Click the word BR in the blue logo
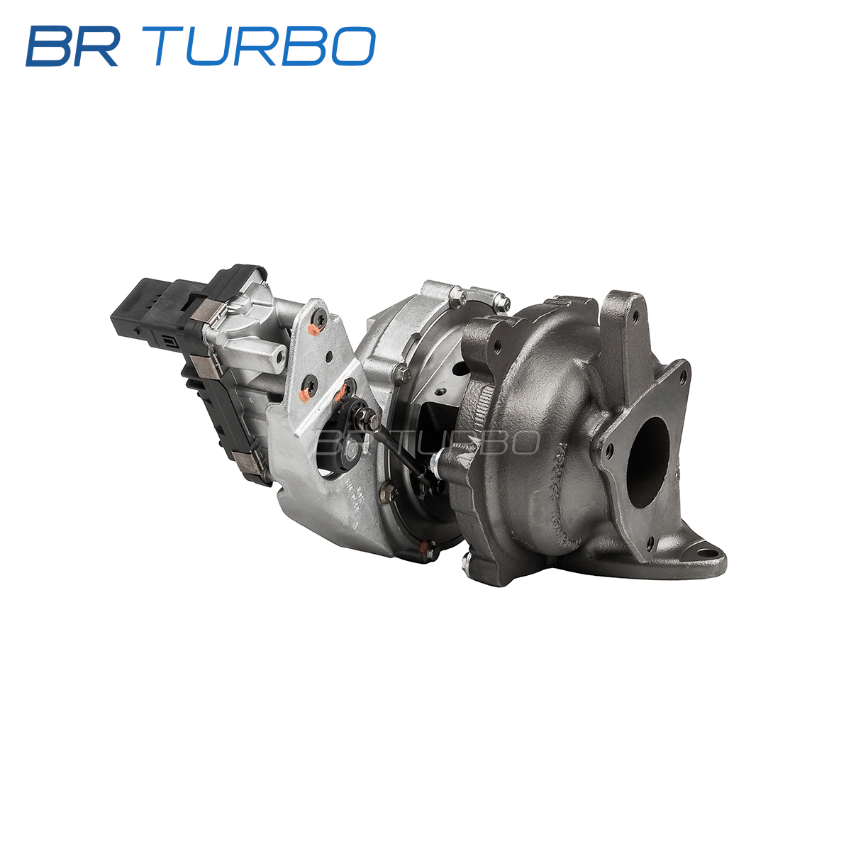pyautogui.click(x=72, y=46)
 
